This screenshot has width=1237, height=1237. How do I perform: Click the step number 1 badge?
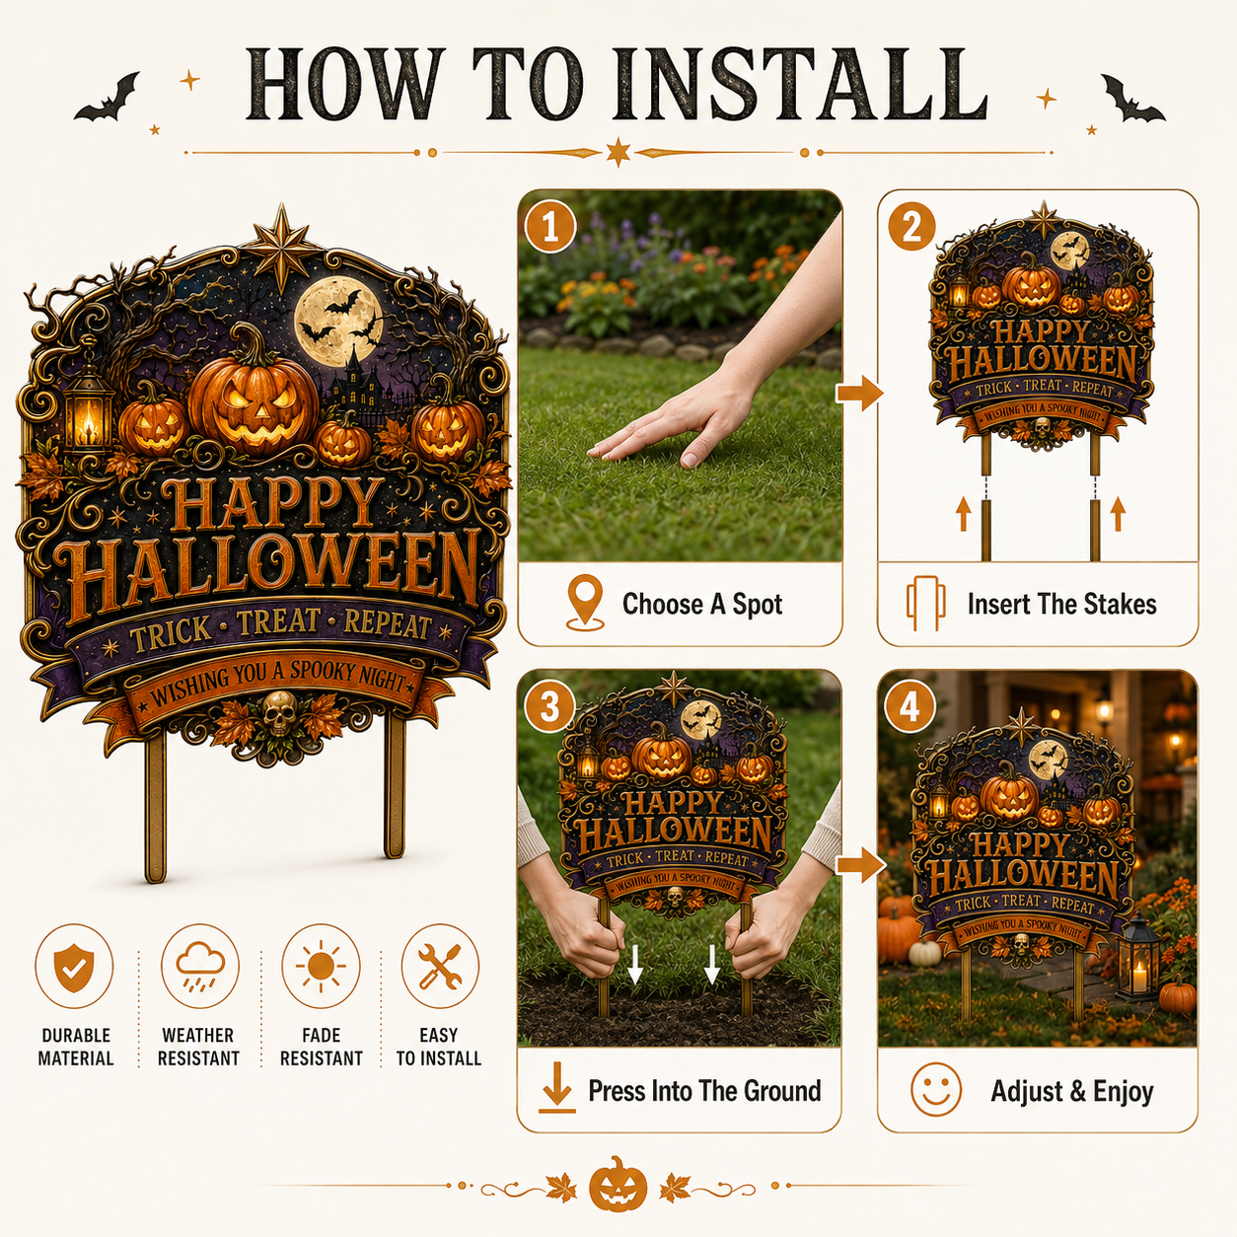(550, 227)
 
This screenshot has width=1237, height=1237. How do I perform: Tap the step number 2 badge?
(911, 227)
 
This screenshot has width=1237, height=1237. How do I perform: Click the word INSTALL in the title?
(798, 85)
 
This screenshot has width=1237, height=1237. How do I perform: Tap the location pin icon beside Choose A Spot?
(585, 603)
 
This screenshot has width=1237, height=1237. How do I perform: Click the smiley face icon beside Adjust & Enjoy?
(936, 1089)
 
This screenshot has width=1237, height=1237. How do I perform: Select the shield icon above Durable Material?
(74, 967)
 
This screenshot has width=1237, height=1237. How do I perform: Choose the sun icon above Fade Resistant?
(321, 965)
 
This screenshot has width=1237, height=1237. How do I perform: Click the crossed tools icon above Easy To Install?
(440, 965)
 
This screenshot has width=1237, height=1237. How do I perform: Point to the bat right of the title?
(1131, 98)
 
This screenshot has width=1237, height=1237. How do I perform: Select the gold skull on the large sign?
(279, 712)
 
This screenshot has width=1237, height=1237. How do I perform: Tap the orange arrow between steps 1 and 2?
(859, 393)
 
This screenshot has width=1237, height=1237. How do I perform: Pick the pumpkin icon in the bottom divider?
(618, 1185)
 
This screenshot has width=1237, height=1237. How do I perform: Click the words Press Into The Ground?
(704, 1091)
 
